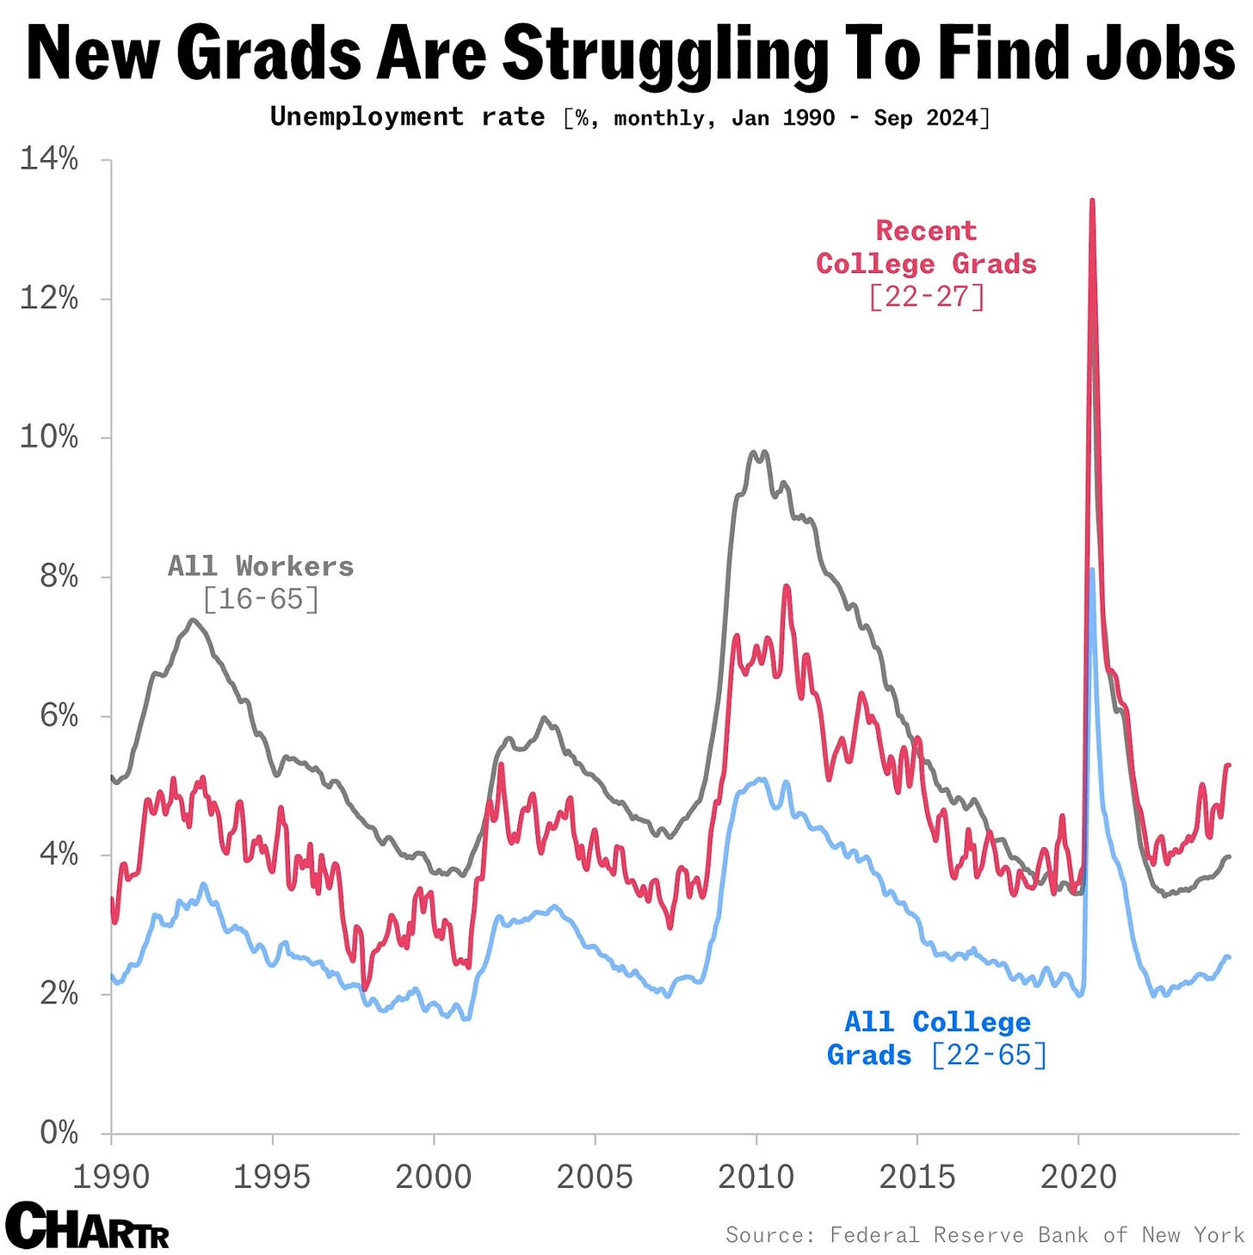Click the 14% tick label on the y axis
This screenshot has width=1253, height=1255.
(x=49, y=159)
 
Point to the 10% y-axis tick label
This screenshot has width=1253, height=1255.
(x=49, y=437)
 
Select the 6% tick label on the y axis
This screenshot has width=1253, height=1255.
(x=59, y=715)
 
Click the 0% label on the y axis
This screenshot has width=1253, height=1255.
(x=59, y=1133)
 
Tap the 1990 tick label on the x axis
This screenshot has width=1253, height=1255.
(x=111, y=1177)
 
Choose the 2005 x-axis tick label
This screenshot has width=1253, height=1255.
(x=595, y=1177)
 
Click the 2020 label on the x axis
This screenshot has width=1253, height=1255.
(x=1078, y=1177)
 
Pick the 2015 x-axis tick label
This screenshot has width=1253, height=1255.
(x=917, y=1177)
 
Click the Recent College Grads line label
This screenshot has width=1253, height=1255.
(x=926, y=263)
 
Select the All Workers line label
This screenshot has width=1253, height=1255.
(x=261, y=582)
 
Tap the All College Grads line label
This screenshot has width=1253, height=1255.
(x=937, y=1038)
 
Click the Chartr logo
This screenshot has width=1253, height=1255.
(x=87, y=1226)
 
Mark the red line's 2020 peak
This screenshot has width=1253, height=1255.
(x=1092, y=201)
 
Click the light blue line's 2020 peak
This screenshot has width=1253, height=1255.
(x=1092, y=570)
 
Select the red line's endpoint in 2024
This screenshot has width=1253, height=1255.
(x=1229, y=764)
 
